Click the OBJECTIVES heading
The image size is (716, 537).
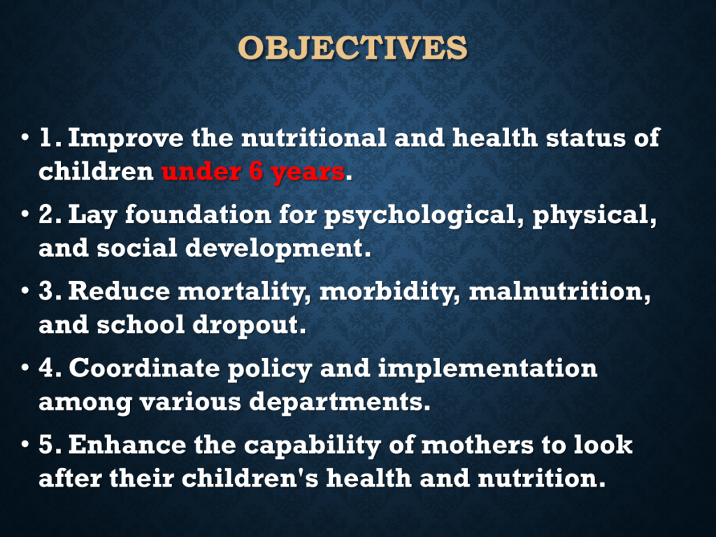352,48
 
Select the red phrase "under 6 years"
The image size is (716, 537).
253,172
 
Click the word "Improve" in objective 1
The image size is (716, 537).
126,138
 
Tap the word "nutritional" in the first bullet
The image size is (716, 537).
314,138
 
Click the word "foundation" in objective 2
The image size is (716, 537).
198,214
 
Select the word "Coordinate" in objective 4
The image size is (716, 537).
144,368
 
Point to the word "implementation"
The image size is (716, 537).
487,368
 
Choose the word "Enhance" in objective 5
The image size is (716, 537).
127,445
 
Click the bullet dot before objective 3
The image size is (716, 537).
24,291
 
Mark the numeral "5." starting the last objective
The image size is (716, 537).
50,445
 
